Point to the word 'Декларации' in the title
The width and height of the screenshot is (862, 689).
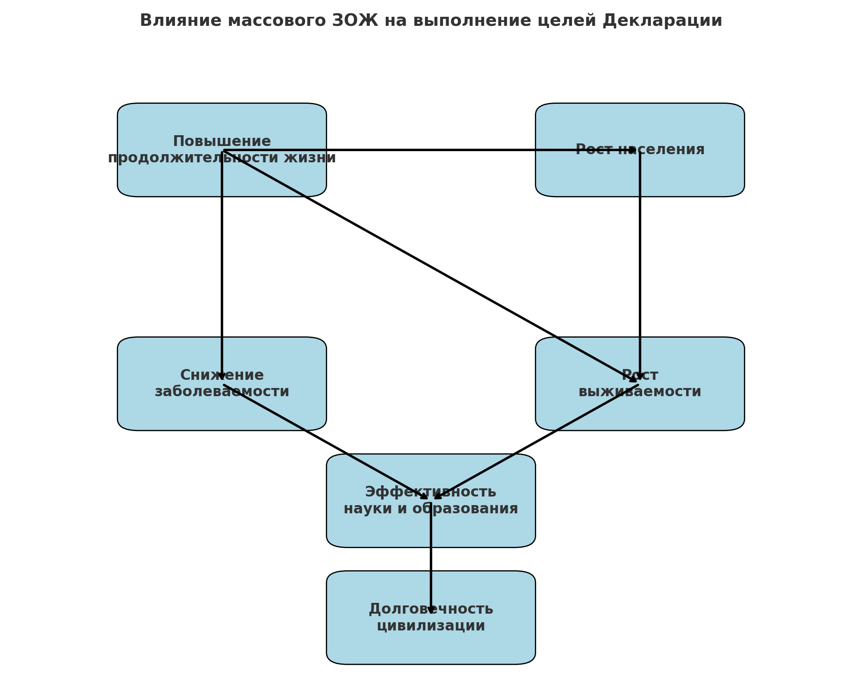(662, 21)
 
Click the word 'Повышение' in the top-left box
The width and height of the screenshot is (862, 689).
(222, 141)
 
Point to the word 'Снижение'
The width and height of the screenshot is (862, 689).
(222, 375)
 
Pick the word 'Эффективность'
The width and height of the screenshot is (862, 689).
(431, 492)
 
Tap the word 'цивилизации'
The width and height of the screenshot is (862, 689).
(431, 626)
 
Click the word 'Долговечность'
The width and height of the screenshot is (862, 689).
(431, 609)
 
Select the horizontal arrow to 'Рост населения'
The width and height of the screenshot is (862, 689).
(431, 150)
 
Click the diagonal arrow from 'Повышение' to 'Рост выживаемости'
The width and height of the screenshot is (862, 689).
(431, 266)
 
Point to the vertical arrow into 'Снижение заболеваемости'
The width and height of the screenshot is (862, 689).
(222, 267)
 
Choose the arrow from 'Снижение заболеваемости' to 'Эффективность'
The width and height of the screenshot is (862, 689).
(325, 442)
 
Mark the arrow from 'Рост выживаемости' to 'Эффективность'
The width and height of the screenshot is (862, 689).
(537, 442)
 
